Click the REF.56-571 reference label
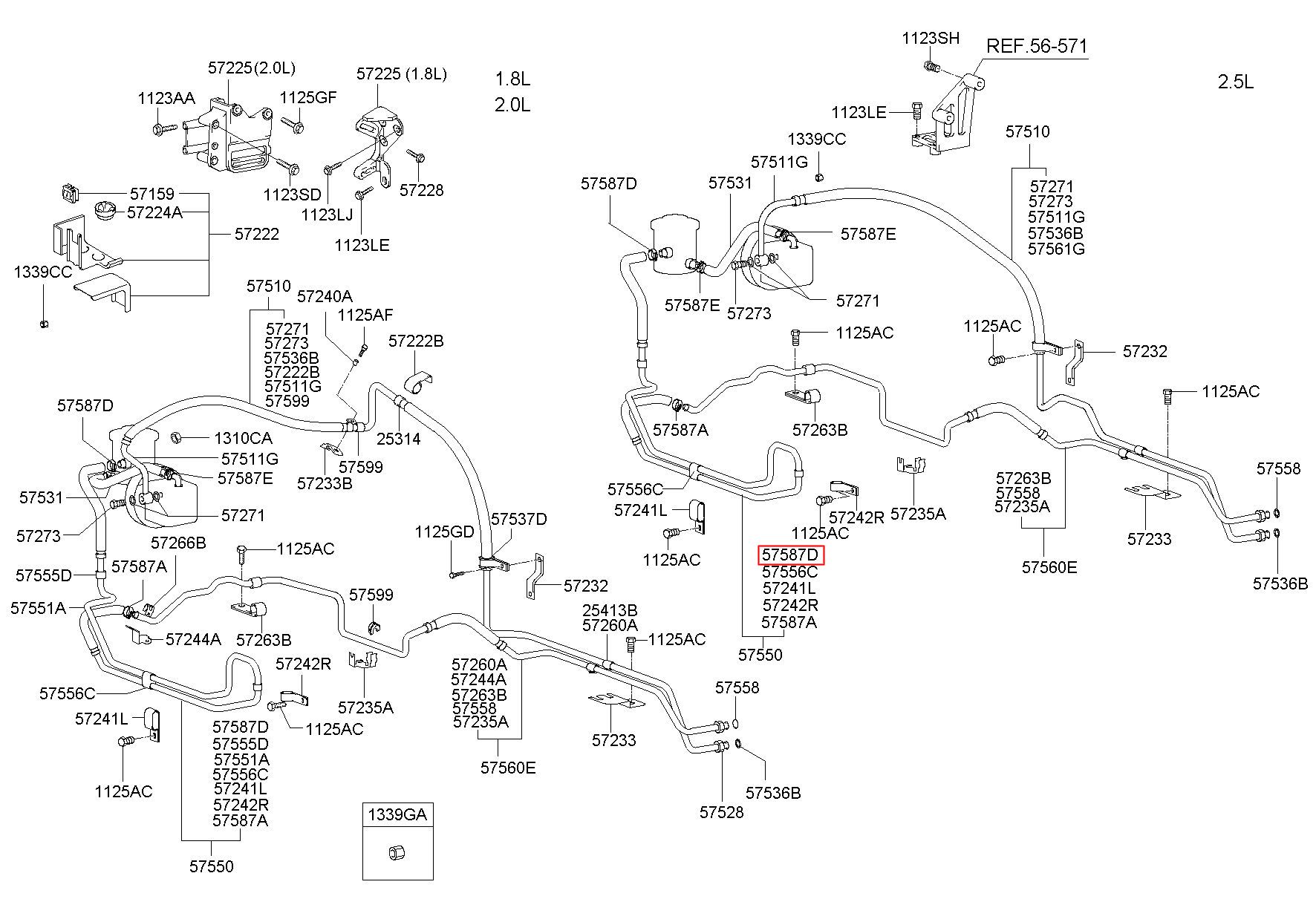[1036, 46]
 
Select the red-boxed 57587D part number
[791, 555]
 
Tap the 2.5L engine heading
[1235, 82]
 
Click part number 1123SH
[931, 39]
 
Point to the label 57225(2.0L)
[251, 68]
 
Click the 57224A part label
[154, 212]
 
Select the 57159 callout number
[152, 194]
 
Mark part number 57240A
[325, 296]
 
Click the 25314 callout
[398, 439]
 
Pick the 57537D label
[518, 519]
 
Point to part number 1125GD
[444, 532]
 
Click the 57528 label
[721, 812]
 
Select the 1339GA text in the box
[397, 815]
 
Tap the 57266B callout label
[178, 543]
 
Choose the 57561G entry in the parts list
[1056, 249]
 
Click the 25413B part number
[610, 610]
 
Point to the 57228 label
[421, 190]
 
